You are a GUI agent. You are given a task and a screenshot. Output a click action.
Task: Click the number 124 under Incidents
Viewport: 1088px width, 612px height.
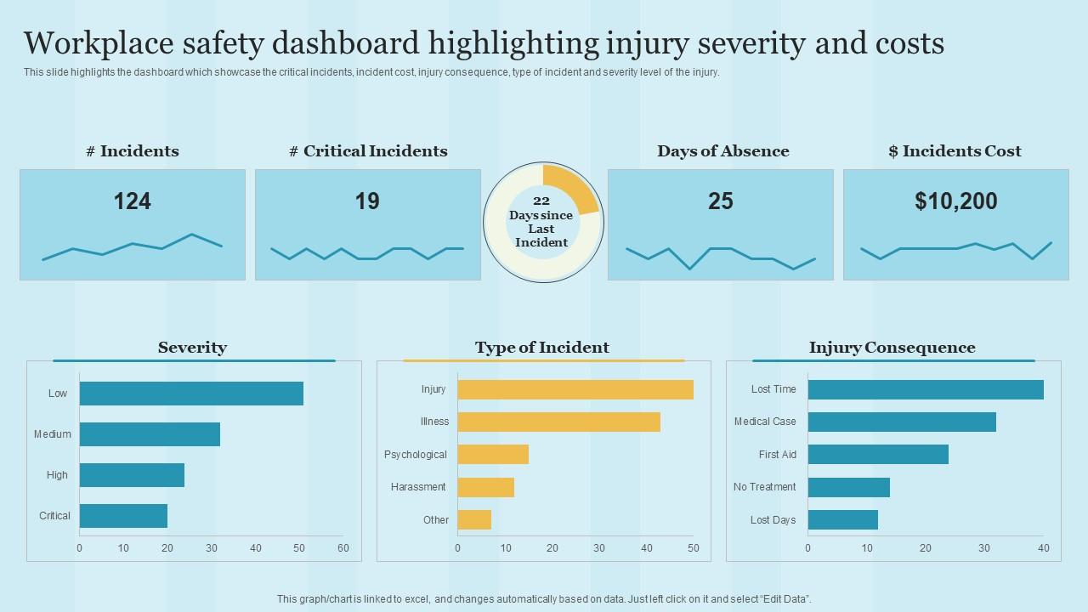pyautogui.click(x=133, y=201)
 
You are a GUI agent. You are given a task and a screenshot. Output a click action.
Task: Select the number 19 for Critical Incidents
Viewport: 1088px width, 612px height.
pyautogui.click(x=367, y=201)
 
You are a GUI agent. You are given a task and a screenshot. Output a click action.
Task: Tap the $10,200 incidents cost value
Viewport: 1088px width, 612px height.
pyautogui.click(x=956, y=201)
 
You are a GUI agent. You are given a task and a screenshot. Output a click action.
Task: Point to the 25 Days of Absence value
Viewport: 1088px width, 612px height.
pyautogui.click(x=721, y=201)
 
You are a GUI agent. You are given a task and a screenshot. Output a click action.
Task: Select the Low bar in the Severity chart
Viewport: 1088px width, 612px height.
pyautogui.click(x=191, y=394)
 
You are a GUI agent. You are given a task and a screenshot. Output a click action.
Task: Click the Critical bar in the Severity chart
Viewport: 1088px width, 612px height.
pyautogui.click(x=123, y=516)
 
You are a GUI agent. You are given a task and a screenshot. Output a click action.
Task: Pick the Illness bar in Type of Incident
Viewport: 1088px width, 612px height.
pyautogui.click(x=558, y=422)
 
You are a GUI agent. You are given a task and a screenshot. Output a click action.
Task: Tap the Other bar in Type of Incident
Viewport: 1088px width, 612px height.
pyautogui.click(x=474, y=520)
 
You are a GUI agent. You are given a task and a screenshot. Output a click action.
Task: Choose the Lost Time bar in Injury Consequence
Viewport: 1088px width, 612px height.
pyautogui.click(x=926, y=389)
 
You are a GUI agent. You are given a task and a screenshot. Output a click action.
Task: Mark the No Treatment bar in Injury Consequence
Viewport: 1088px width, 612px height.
pyautogui.click(x=848, y=487)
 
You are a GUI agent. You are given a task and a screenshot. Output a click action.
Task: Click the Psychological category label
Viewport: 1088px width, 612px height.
pyautogui.click(x=415, y=455)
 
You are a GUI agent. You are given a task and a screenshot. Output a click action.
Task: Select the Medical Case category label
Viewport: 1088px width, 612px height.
pyautogui.click(x=765, y=422)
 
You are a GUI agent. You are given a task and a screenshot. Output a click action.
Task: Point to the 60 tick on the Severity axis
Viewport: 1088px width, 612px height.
pyautogui.click(x=343, y=548)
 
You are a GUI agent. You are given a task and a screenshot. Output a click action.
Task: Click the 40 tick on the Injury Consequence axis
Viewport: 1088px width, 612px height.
pyautogui.click(x=1043, y=548)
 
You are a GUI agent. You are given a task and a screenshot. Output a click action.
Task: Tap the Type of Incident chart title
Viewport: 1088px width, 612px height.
pyautogui.click(x=542, y=348)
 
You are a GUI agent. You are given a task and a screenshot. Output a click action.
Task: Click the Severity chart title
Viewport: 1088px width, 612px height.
pyautogui.click(x=192, y=348)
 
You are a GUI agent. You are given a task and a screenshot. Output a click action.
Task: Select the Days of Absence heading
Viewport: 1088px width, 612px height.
pyautogui.click(x=722, y=151)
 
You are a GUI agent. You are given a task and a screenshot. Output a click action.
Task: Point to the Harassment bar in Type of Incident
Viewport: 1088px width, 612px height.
pyautogui.click(x=485, y=487)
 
